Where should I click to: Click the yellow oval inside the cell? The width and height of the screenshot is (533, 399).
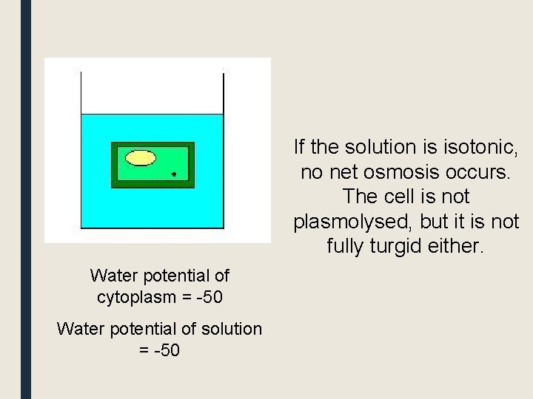pos(141,157)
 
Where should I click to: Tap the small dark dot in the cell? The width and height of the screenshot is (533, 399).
pos(174,175)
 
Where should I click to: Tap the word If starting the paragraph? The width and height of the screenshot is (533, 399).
pos(300,146)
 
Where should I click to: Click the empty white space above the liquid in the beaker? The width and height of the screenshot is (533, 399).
pos(151,92)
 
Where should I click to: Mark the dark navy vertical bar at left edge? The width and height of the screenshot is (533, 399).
pos(26,199)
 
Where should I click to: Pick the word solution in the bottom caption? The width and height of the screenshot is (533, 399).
pos(230,329)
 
